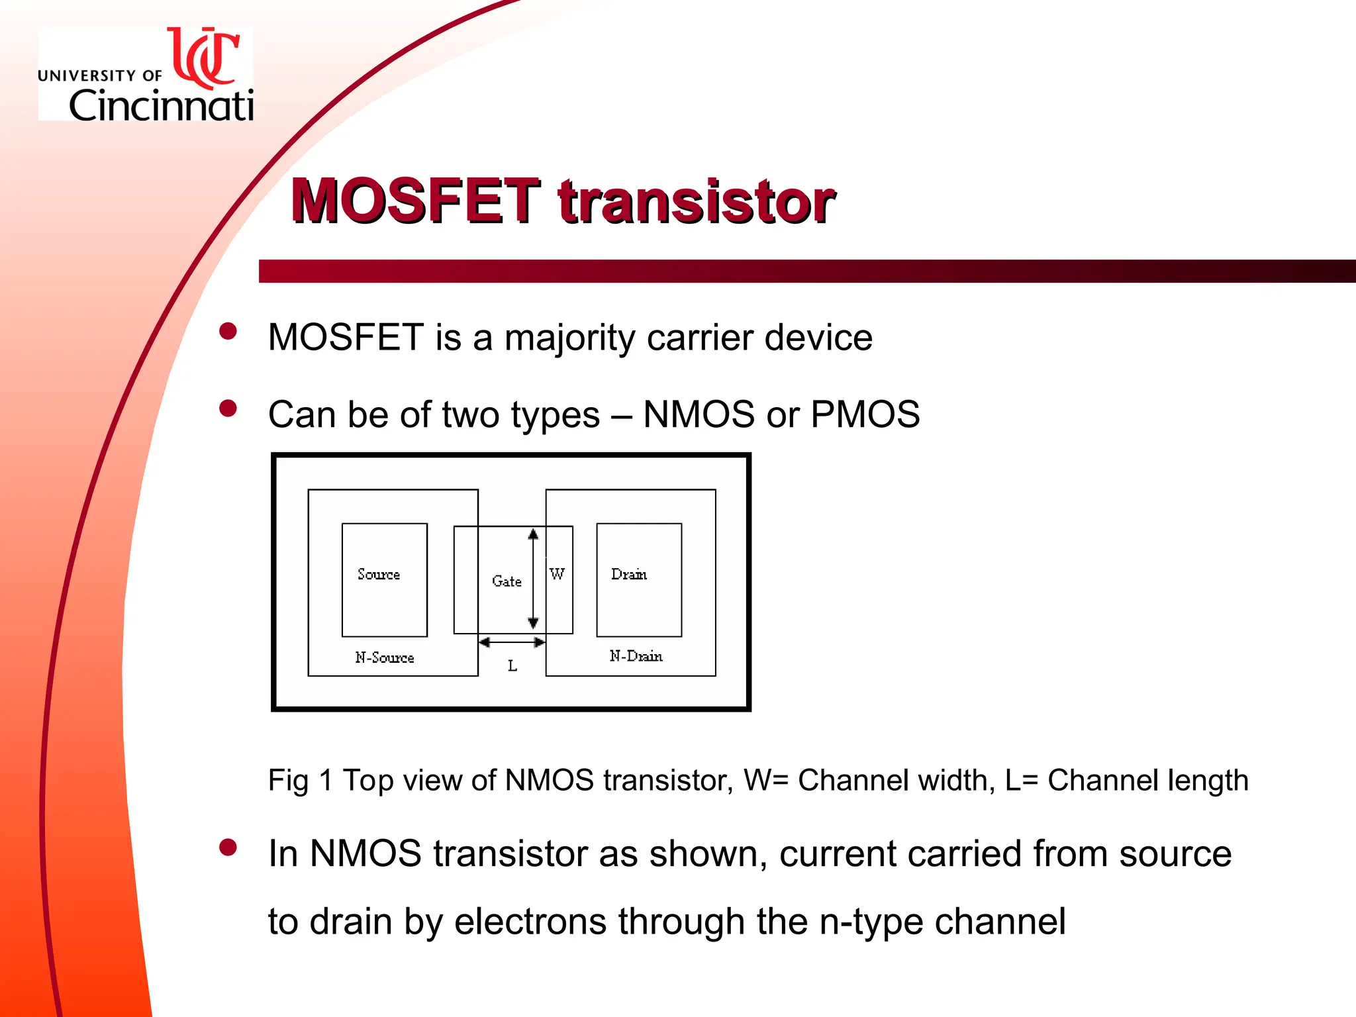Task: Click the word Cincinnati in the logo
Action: pyautogui.click(x=161, y=105)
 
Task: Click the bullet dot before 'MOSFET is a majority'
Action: pyautogui.click(x=228, y=331)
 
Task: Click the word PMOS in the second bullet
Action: pyautogui.click(x=865, y=414)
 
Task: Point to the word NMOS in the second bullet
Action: pyautogui.click(x=699, y=414)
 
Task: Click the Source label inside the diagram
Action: pyautogui.click(x=379, y=574)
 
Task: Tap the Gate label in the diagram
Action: pyautogui.click(x=507, y=581)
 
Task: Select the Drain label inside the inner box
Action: pyautogui.click(x=629, y=574)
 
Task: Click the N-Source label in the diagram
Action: pyautogui.click(x=385, y=657)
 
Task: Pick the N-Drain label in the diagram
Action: pyautogui.click(x=636, y=656)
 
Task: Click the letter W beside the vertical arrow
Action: pyautogui.click(x=557, y=574)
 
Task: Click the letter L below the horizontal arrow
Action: pyautogui.click(x=512, y=666)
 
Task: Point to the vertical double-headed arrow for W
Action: pyautogui.click(x=533, y=579)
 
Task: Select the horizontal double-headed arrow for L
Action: pyautogui.click(x=512, y=642)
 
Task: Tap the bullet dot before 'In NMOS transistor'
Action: pyautogui.click(x=228, y=847)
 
